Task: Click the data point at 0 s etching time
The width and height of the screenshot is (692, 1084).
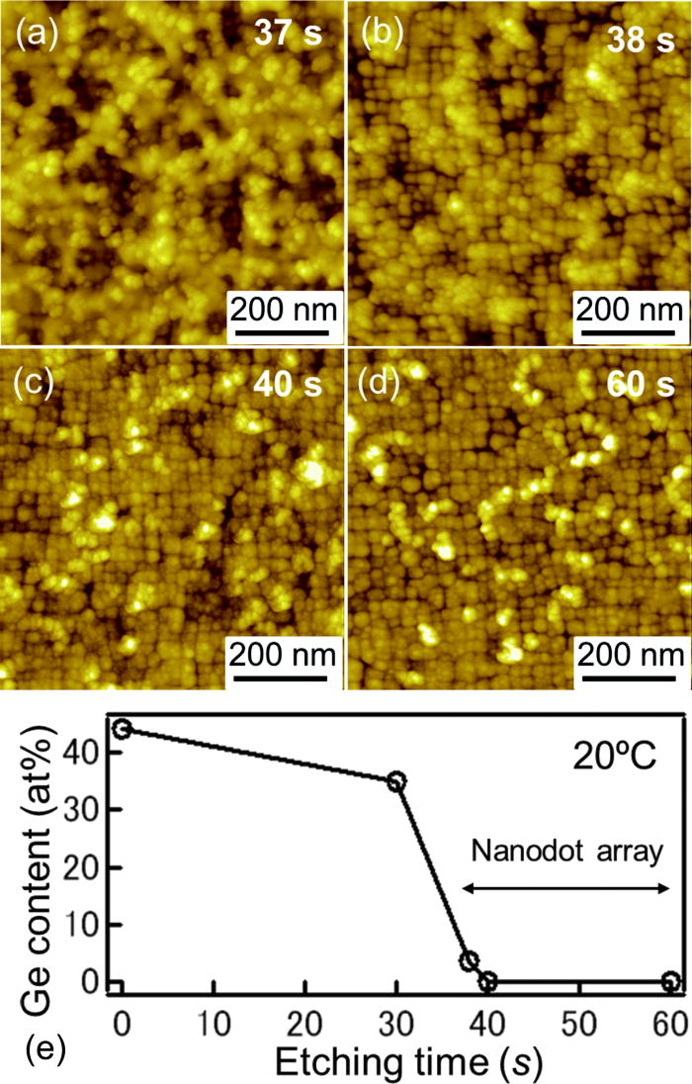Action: coord(123,729)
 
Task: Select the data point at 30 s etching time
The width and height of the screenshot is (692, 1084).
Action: coord(397,781)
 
